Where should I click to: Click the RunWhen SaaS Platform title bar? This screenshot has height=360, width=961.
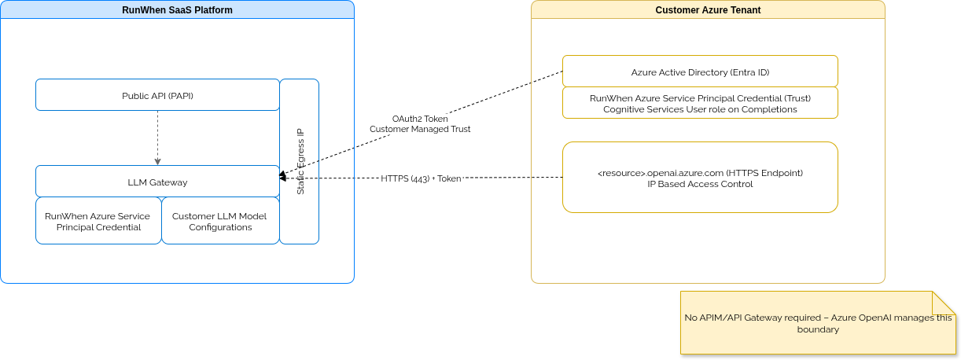tap(177, 9)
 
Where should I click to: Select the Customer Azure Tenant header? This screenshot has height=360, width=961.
tap(708, 9)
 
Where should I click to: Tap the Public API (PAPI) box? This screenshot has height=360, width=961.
tap(157, 95)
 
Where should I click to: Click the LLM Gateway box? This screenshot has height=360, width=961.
tap(157, 182)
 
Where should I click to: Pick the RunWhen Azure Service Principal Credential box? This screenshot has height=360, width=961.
tap(98, 222)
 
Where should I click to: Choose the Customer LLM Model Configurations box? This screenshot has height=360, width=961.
tap(219, 222)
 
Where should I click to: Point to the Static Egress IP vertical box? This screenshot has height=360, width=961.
tap(300, 161)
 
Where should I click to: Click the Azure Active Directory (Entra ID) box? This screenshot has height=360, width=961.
tap(700, 72)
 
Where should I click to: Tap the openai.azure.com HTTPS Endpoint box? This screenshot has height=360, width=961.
tap(700, 178)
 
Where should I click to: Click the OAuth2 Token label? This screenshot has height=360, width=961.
tap(420, 118)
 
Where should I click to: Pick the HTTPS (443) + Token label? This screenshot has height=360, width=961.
tap(422, 178)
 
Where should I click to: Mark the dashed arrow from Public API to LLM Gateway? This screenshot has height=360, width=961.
tap(157, 138)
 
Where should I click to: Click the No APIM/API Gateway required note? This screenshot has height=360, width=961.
tap(818, 323)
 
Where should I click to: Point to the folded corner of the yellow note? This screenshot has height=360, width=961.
tap(943, 302)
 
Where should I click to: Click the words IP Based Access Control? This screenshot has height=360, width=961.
tap(700, 184)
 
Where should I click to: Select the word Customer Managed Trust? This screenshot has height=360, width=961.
tap(420, 128)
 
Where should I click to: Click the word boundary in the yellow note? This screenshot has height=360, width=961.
tap(818, 329)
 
